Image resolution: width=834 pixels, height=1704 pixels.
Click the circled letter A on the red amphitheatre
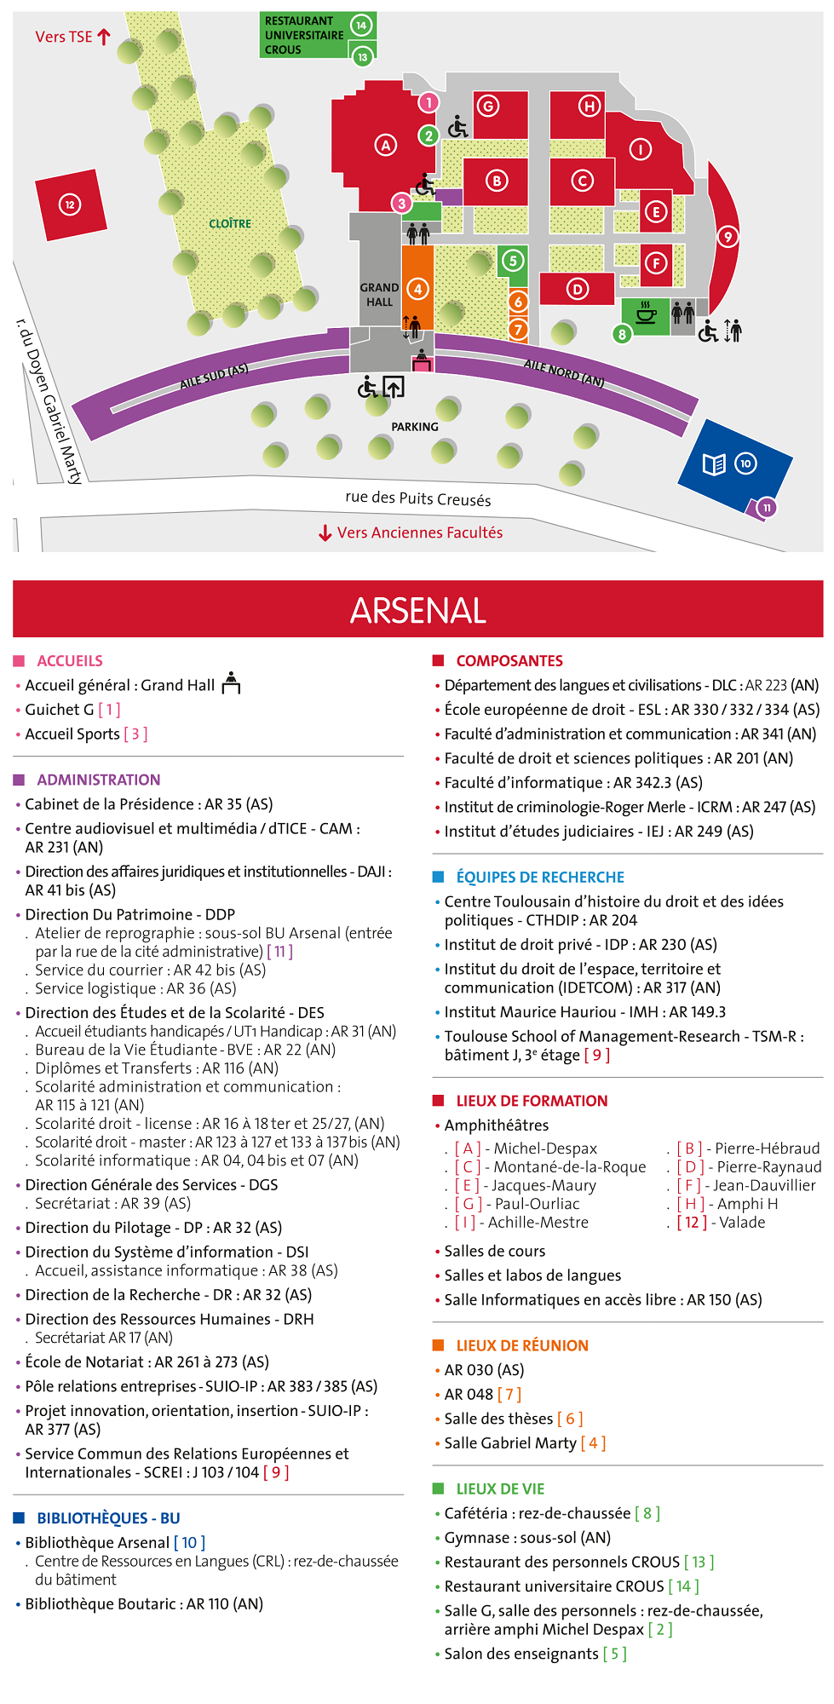point(386,145)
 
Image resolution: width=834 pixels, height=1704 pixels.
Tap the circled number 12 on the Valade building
point(70,204)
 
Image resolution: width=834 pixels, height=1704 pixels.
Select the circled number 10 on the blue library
point(745,463)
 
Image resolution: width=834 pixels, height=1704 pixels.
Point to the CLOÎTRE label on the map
point(230,223)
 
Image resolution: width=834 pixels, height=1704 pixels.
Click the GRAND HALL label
point(379,295)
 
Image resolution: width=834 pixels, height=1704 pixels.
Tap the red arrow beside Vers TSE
point(104,37)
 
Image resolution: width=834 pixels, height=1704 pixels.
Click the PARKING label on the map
point(415,427)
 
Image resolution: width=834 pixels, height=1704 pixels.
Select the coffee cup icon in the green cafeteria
point(647,314)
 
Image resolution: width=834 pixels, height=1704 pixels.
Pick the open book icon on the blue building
point(714,463)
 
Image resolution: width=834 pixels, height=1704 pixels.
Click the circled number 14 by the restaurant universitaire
point(361,25)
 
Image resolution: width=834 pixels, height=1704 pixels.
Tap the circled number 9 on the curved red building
point(728,237)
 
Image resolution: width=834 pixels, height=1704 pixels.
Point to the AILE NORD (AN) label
point(564,372)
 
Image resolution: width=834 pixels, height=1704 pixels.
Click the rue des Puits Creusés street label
point(417,498)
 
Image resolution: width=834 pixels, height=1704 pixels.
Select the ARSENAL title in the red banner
point(417,610)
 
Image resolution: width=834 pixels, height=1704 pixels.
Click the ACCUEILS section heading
point(70,661)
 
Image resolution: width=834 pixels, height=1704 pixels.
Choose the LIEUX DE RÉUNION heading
point(522,1345)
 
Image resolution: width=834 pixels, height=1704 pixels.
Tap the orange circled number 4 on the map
point(417,290)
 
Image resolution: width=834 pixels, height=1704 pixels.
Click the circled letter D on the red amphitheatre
point(578,289)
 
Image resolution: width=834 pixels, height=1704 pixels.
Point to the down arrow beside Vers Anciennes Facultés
point(325,533)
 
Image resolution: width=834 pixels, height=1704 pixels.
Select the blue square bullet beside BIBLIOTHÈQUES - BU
point(19,1517)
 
